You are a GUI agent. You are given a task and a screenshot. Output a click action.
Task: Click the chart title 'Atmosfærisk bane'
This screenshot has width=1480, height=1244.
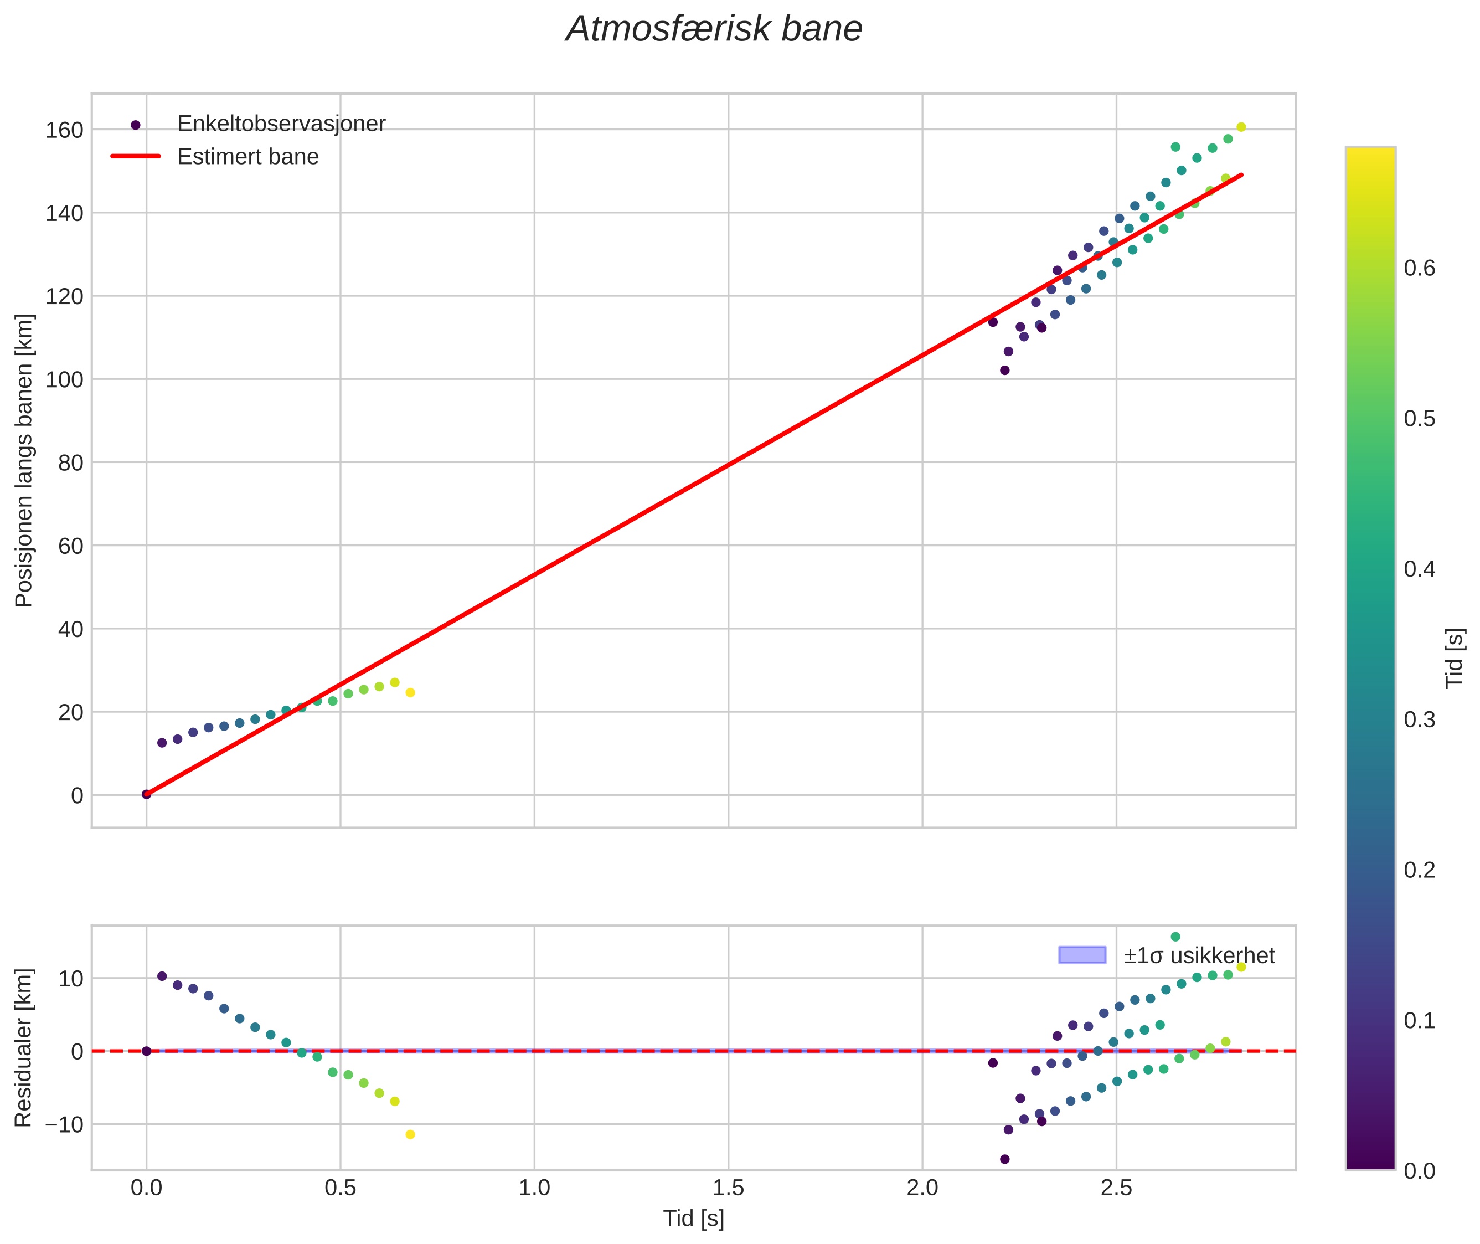(714, 29)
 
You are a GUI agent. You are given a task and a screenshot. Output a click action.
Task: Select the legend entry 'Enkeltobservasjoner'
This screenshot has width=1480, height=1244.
(281, 124)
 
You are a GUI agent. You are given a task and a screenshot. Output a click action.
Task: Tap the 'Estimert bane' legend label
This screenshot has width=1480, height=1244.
(247, 157)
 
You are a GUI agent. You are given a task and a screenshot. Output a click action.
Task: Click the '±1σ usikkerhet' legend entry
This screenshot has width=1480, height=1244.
(1199, 955)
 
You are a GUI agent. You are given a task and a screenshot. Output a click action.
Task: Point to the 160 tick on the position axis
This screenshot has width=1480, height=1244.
(64, 131)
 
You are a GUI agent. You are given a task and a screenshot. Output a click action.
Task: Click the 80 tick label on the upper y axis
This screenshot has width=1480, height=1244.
(70, 464)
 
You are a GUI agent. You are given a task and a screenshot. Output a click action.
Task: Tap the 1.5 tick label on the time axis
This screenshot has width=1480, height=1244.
(728, 1188)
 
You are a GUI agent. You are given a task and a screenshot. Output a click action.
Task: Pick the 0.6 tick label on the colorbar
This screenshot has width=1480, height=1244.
(1419, 269)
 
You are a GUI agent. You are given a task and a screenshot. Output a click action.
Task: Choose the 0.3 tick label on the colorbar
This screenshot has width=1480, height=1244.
(1419, 720)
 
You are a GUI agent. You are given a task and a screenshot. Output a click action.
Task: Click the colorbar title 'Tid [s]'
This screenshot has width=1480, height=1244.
(1454, 658)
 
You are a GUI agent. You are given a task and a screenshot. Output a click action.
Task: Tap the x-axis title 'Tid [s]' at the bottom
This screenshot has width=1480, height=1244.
(693, 1219)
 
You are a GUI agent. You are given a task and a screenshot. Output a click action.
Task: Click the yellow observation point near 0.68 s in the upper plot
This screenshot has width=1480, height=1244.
(410, 692)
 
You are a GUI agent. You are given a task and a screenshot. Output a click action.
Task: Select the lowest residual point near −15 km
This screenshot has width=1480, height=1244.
(1005, 1159)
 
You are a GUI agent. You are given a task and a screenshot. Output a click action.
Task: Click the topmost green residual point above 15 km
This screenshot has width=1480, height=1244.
(1175, 937)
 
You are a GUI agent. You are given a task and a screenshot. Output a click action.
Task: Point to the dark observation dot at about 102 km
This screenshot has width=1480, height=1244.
(1005, 370)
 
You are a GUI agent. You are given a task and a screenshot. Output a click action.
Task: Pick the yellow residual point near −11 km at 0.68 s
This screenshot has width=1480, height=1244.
(410, 1135)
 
